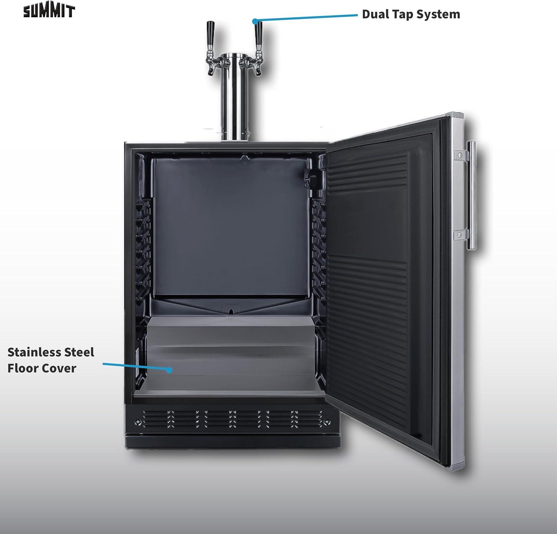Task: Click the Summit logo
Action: pos(49,11)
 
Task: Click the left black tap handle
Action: pos(211,33)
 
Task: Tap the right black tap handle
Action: pos(258,33)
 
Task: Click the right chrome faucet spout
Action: pos(257,69)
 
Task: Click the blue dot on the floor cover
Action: pos(169,370)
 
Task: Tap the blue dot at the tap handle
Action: pos(255,21)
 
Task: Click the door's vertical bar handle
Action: pos(471,195)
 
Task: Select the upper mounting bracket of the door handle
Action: pos(460,154)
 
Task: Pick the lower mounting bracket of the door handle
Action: pos(459,235)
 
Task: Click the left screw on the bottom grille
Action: pos(138,422)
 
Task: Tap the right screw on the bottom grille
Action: pos(326,422)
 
